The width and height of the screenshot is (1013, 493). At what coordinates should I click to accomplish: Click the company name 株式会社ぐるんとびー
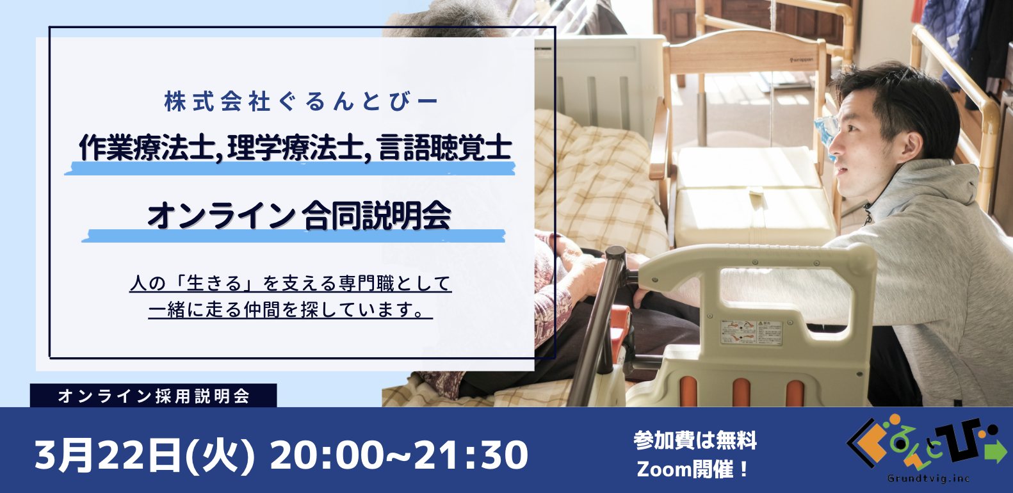(301, 101)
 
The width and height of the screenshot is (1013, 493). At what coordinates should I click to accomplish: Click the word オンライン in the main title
(221, 216)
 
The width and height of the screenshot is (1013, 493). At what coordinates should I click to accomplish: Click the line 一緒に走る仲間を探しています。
(289, 311)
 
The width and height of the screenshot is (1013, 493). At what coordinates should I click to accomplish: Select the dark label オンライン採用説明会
(154, 396)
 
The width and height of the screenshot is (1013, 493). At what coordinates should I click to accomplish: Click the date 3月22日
(108, 455)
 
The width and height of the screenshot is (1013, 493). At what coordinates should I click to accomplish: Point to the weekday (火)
(220, 455)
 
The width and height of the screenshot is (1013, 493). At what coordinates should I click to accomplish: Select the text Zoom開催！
(692, 469)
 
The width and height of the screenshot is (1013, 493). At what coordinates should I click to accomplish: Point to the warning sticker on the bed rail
(751, 333)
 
